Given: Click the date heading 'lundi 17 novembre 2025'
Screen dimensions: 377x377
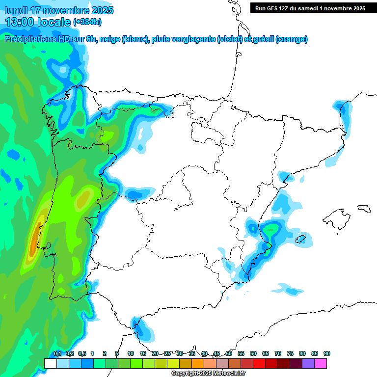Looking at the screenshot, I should [59, 10].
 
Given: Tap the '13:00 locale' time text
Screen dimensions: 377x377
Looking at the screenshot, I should [38, 22].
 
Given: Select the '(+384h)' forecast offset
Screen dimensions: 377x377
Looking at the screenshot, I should [88, 22].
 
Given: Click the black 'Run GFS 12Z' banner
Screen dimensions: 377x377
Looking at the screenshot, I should [310, 8].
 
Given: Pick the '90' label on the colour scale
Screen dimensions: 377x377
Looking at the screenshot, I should [326, 353].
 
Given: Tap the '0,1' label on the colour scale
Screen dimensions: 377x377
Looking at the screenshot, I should [57, 353].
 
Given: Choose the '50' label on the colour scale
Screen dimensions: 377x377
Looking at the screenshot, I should [229, 353].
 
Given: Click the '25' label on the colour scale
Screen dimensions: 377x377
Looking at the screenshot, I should [167, 353].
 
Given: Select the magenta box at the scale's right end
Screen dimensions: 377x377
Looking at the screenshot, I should [321, 363].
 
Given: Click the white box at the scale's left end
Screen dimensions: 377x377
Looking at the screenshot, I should [50, 363].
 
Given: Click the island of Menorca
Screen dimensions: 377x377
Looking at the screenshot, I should [363, 209].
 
